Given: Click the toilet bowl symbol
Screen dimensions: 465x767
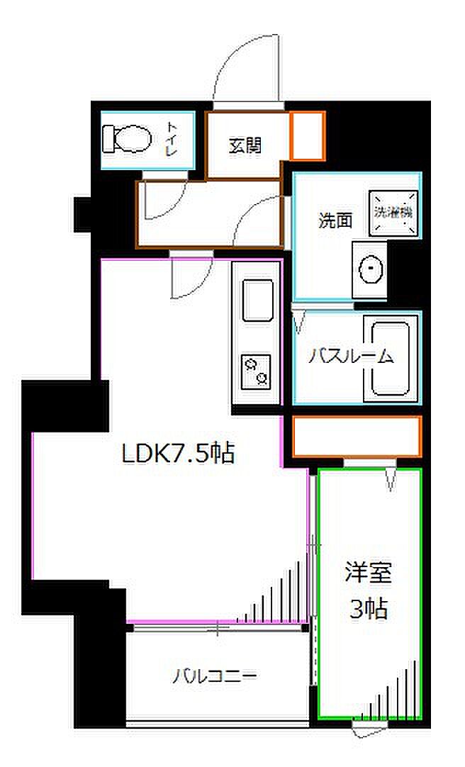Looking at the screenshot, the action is click(x=127, y=138).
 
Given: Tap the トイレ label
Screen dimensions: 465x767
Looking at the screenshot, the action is click(x=172, y=139).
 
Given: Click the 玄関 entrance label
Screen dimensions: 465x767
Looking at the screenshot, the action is click(x=245, y=145).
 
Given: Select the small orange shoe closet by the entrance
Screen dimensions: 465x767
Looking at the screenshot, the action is click(x=308, y=135).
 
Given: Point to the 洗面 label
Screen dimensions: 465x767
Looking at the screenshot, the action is click(x=335, y=220).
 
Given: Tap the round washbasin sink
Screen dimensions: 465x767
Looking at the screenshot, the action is click(x=370, y=269).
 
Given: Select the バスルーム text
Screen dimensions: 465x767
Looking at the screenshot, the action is click(x=350, y=357).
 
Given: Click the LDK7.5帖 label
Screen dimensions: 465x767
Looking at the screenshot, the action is click(x=179, y=453).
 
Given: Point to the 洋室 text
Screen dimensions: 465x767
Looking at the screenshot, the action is click(x=369, y=573).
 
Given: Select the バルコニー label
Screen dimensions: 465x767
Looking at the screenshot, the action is click(x=214, y=674).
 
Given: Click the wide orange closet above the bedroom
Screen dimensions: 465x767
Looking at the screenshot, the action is click(x=357, y=437).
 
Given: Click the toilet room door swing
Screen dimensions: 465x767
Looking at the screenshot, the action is click(x=162, y=202).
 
